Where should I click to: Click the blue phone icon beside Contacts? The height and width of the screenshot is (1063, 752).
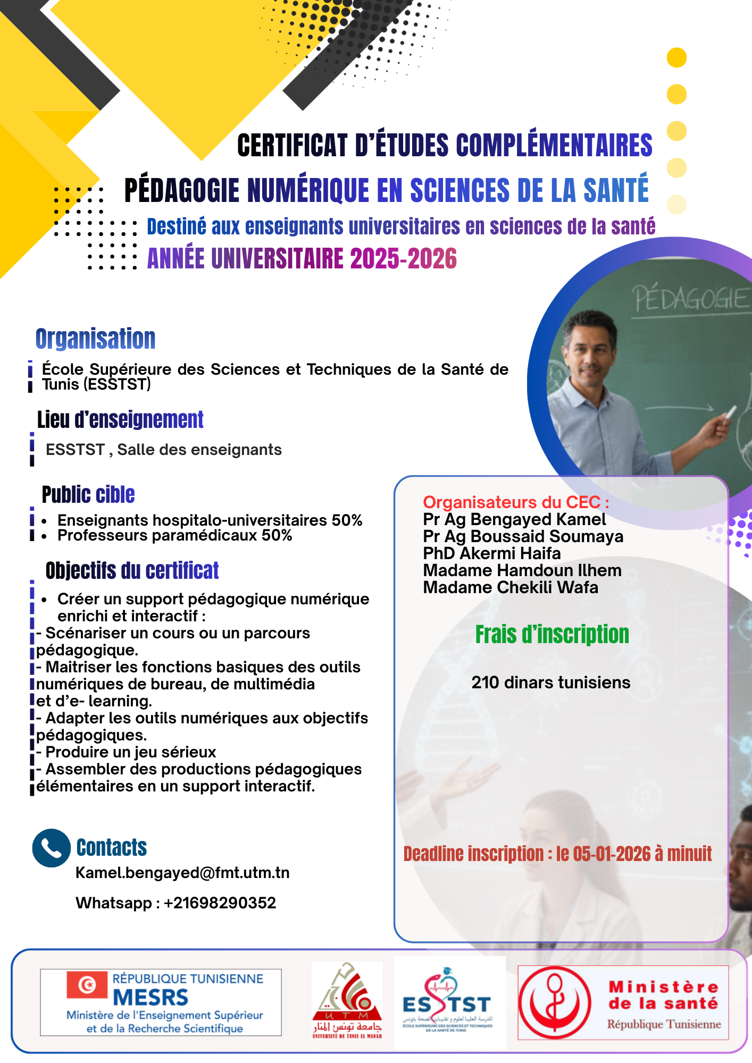coord(51,848)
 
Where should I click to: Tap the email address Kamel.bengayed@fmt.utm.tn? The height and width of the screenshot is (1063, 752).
coord(182,873)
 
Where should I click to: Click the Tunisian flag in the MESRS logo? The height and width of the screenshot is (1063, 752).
coord(87,985)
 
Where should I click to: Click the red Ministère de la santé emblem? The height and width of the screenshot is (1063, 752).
coord(555,1002)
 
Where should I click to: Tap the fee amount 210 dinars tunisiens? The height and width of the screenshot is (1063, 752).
coord(550,682)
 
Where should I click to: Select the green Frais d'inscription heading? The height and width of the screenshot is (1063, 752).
coord(552,635)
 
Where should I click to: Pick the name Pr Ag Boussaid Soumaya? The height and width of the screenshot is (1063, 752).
coord(523,536)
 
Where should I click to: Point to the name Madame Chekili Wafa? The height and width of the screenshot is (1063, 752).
coord(511,587)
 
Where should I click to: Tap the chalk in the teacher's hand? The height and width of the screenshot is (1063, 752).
coord(731,412)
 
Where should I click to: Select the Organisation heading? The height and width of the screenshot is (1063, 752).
coord(96,339)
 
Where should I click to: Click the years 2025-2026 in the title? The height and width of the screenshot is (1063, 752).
coord(403,259)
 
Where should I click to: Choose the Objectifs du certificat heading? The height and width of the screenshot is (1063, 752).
coord(132,570)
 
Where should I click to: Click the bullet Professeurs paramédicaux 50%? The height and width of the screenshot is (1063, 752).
coord(174,535)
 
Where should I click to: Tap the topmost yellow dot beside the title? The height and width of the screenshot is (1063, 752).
coord(676,57)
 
